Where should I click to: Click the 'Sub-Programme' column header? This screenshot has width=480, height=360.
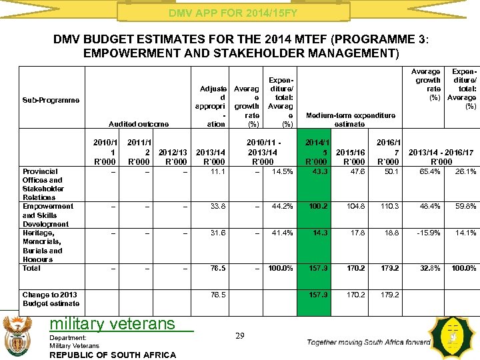click(50, 100)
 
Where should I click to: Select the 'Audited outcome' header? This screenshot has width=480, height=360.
click(139, 124)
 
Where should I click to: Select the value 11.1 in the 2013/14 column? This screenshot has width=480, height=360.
click(216, 172)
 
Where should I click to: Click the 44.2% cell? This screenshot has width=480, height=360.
click(282, 207)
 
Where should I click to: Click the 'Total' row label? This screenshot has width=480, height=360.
click(31, 269)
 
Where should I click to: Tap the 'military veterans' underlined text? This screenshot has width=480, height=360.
click(113, 324)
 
